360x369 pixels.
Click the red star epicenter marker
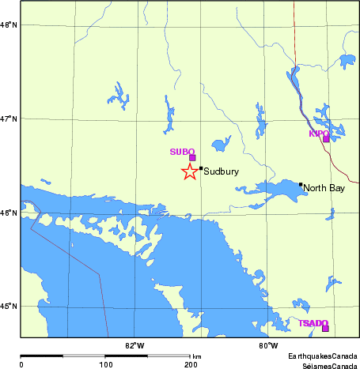tap(189, 171)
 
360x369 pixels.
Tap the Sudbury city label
tap(222, 171)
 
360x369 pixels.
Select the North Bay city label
tap(324, 188)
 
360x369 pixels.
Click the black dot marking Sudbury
tap(201, 168)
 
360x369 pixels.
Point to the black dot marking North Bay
tap(301, 185)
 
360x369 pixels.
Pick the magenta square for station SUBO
tap(192, 157)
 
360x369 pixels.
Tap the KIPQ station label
tap(318, 134)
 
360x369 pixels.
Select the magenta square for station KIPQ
tap(326, 139)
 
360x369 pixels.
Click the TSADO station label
tap(313, 323)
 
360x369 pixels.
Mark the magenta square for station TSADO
tap(325, 328)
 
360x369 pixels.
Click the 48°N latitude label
tap(10, 25)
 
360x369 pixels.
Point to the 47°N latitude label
tap(10, 119)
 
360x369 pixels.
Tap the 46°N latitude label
tap(10, 213)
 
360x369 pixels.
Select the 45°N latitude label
tap(10, 307)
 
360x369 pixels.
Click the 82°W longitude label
tap(135, 345)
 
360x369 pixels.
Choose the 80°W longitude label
tap(268, 345)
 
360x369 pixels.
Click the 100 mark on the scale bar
tap(105, 364)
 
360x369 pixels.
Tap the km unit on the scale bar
tap(196, 357)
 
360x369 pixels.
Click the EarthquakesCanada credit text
tap(323, 356)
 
